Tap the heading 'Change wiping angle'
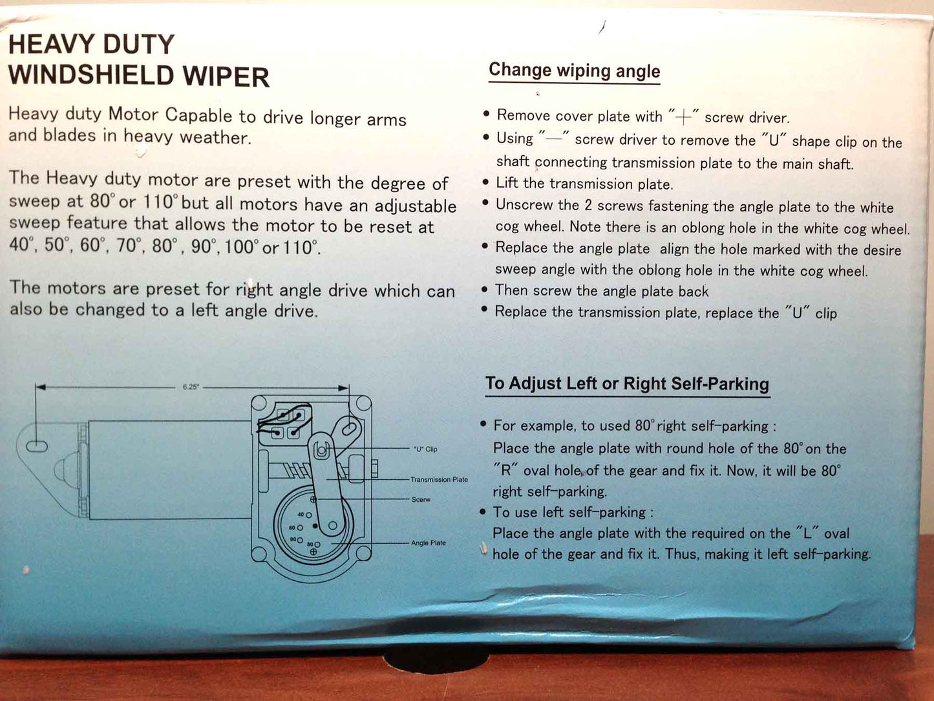(x=574, y=70)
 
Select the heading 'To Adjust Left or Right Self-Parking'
(x=627, y=383)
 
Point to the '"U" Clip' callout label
(x=425, y=449)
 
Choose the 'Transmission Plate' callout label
(x=439, y=480)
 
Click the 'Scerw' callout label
(x=421, y=500)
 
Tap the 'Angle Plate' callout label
(x=428, y=543)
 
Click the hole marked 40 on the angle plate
(x=309, y=515)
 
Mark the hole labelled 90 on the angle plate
(x=300, y=540)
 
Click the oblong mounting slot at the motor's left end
(x=37, y=446)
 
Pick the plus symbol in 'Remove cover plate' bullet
(x=683, y=117)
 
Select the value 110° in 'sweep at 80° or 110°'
(x=160, y=201)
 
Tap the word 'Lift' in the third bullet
(x=507, y=183)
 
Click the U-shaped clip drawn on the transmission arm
(x=322, y=449)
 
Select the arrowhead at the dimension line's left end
(x=41, y=387)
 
